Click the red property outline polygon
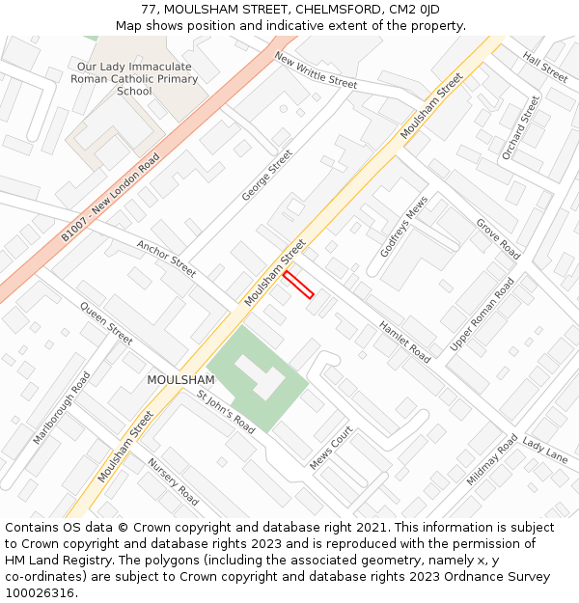click(x=298, y=284)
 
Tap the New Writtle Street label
click(x=316, y=70)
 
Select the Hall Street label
click(x=545, y=67)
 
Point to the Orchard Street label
click(x=521, y=127)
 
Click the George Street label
click(x=267, y=175)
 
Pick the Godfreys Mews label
click(x=403, y=227)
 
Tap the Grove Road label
click(x=498, y=238)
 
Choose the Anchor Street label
click(x=166, y=258)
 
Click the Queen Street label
click(x=106, y=324)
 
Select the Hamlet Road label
click(x=404, y=342)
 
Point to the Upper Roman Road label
click(x=482, y=315)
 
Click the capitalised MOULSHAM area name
click(x=180, y=380)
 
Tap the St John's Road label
click(x=226, y=412)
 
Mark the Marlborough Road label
click(x=61, y=408)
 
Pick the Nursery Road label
click(x=173, y=481)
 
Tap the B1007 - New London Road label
click(x=111, y=196)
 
